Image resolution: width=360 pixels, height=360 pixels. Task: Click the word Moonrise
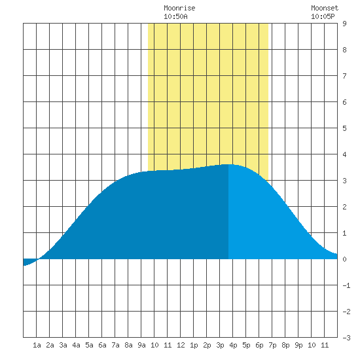point(179,8)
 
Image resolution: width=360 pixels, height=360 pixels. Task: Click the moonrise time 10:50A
point(175,16)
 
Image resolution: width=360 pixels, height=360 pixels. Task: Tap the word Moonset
point(325,8)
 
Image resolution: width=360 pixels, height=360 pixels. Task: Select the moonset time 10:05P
point(323,16)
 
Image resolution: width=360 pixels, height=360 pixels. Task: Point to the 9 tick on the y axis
point(344,24)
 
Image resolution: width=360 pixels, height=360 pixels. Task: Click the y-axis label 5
point(344,128)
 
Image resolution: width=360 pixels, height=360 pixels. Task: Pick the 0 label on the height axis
point(344,259)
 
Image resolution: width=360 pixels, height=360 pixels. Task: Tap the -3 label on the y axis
point(346,338)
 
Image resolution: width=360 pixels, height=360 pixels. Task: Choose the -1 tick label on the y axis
point(346,285)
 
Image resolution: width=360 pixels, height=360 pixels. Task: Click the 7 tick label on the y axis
point(344,76)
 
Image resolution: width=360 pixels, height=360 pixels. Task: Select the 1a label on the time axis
point(37,345)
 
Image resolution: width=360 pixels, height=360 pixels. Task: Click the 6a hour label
point(102,345)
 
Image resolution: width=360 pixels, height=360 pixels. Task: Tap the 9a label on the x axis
point(141,345)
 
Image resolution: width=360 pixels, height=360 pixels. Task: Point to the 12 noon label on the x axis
point(181,345)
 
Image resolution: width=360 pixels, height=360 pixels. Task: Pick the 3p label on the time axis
point(220,345)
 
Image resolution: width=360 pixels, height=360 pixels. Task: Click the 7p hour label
point(272,345)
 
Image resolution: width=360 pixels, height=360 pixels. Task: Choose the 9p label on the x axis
point(298,345)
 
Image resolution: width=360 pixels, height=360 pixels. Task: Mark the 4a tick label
point(76,345)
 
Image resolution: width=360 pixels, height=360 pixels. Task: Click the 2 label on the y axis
point(344,207)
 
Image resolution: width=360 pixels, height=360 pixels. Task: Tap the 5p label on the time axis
point(246,345)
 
